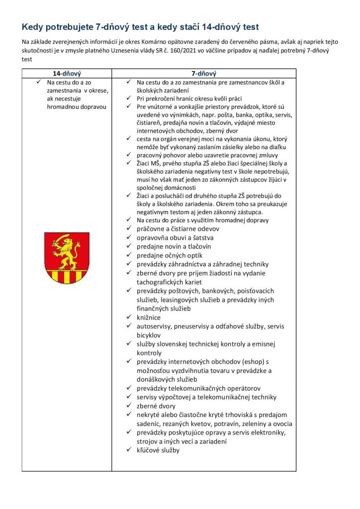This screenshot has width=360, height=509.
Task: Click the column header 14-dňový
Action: pos(67,73)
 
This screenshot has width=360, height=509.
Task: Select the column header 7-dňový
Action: pos(204,73)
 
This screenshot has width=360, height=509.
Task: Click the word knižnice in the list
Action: pos(149,317)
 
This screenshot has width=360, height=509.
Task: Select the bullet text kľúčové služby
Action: pos(158,450)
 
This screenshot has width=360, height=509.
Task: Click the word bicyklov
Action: pos(151,335)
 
